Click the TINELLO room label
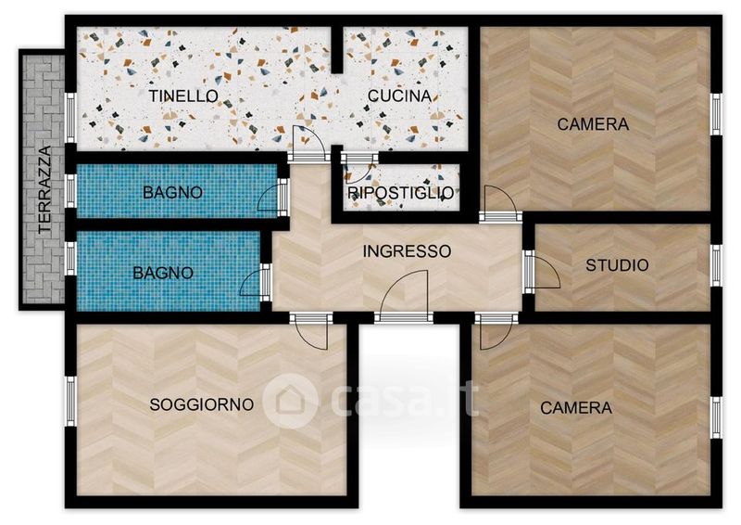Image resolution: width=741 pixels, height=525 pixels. click(183, 96)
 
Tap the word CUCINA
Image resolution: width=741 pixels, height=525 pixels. click(400, 96)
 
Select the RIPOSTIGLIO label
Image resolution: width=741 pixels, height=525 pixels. click(401, 193)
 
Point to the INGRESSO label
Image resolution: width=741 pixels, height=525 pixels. click(407, 250)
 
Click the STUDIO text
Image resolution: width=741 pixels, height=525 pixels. click(617, 265)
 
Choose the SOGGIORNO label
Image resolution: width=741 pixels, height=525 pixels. click(202, 404)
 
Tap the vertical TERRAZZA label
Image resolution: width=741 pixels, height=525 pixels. click(44, 189)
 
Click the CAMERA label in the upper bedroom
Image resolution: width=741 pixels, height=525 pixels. click(593, 124)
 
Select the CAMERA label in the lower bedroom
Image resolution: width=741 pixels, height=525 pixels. click(576, 407)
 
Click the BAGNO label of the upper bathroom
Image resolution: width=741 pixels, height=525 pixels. click(172, 192)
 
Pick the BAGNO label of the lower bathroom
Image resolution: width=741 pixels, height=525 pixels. click(163, 273)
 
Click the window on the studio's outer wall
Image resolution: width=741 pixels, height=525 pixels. click(716, 265)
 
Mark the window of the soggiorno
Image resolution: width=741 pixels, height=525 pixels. click(70, 402)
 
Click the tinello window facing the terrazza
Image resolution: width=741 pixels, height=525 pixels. click(70, 118)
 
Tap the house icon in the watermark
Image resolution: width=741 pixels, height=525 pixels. click(290, 401)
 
